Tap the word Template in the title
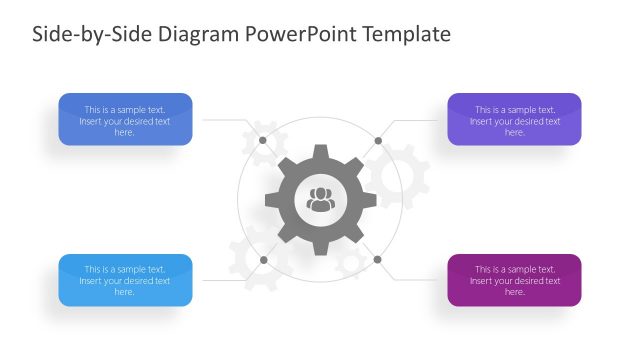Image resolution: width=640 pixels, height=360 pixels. pyautogui.click(x=407, y=34)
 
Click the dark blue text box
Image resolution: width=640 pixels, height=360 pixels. pyautogui.click(x=125, y=120)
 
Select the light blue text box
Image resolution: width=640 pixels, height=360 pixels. pyautogui.click(x=125, y=280)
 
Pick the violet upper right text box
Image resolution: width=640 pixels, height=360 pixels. pyautogui.click(x=514, y=120)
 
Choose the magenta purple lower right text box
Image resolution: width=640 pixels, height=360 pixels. pyautogui.click(x=514, y=280)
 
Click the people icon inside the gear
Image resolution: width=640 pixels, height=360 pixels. pyautogui.click(x=320, y=199)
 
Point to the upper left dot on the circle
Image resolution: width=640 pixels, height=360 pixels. pyautogui.click(x=263, y=140)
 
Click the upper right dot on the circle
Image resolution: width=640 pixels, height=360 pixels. pyautogui.click(x=378, y=140)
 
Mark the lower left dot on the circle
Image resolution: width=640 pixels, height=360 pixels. pyautogui.click(x=263, y=260)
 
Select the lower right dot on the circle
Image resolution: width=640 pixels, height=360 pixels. pyautogui.click(x=378, y=260)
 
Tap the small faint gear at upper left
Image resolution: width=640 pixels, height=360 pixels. pyautogui.click(x=263, y=137)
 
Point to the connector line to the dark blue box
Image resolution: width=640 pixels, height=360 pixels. pyautogui.click(x=225, y=120)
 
